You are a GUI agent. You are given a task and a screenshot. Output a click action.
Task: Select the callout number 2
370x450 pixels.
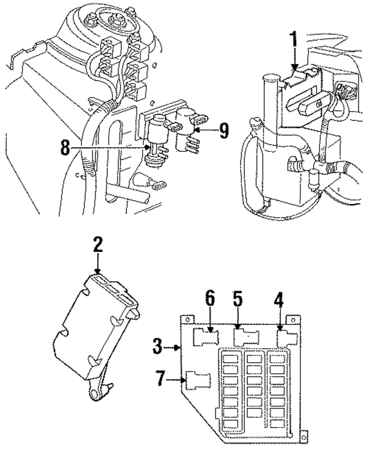(98, 244)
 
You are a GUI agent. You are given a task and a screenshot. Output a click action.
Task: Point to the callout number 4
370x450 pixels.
(279, 300)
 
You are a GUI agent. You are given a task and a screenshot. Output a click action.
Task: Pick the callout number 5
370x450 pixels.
(238, 299)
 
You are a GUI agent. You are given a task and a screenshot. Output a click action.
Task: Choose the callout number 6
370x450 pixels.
(210, 298)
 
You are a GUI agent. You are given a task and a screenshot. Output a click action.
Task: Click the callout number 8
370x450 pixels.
(65, 148)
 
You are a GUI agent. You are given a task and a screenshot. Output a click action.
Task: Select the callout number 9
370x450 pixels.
(224, 131)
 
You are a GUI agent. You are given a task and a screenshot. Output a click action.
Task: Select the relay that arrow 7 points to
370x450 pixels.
(199, 382)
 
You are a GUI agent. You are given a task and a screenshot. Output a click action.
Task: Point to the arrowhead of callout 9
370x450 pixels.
(197, 130)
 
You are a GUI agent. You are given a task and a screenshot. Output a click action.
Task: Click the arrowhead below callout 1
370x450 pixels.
(295, 67)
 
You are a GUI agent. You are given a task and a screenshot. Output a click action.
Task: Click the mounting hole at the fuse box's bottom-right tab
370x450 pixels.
(304, 437)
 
